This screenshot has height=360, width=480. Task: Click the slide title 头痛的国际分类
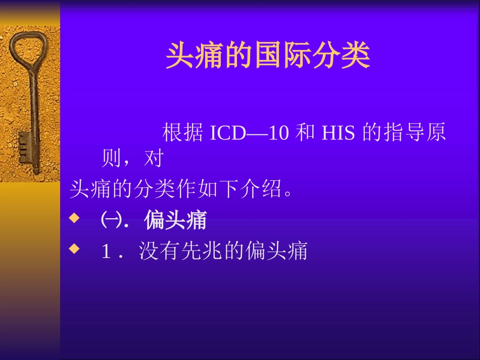coord(268,56)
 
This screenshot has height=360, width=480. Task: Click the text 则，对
coord(132,159)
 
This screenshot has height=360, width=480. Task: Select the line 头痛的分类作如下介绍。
coord(182,190)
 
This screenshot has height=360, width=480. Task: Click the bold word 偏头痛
coord(175,221)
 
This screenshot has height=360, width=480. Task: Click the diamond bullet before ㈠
coord(74,218)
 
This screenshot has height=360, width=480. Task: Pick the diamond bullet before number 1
coord(74,248)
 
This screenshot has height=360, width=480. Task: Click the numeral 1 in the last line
coord(106,251)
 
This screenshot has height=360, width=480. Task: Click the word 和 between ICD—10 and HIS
coord(304,133)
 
